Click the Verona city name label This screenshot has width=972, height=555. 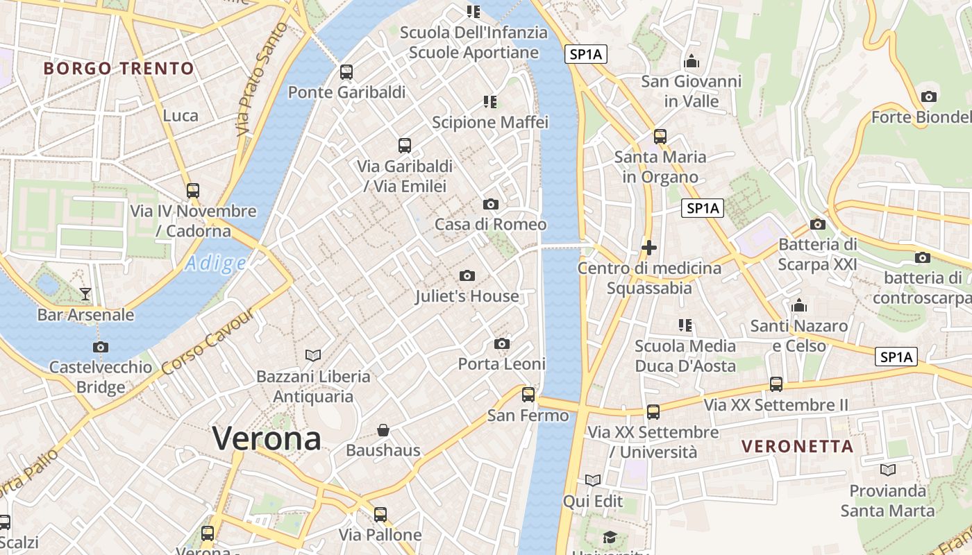[x=267, y=438]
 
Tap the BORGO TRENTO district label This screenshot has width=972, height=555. [x=119, y=69]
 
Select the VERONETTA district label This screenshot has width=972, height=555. [x=798, y=446]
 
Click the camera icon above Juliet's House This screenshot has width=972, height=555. [x=467, y=276]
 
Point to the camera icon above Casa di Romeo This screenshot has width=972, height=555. [x=491, y=204]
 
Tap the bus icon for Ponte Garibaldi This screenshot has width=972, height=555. [x=346, y=72]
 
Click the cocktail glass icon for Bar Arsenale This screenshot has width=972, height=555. [x=85, y=294]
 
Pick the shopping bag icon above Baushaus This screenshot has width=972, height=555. [x=383, y=430]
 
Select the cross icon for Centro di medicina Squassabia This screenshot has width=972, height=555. [x=649, y=247]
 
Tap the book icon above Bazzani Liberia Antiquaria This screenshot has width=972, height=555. [x=313, y=356]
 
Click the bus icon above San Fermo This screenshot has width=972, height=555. [x=528, y=395]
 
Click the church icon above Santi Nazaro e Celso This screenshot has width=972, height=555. [x=799, y=305]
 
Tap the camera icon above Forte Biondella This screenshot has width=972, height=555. [x=928, y=96]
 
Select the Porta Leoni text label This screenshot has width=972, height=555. [x=502, y=364]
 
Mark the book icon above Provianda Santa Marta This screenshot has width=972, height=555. [x=887, y=470]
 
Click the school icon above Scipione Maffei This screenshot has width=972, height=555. [x=490, y=102]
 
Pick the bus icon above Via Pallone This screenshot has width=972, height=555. [x=380, y=515]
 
